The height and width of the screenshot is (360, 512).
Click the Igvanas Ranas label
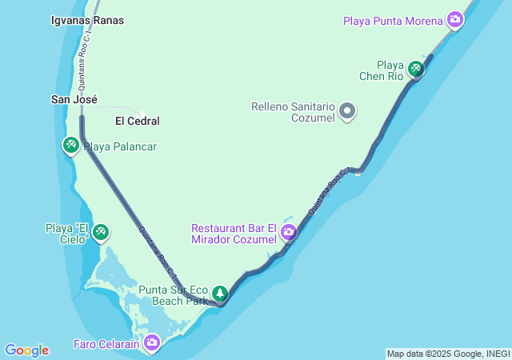point(87,20)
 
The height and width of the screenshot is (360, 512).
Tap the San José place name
point(74,100)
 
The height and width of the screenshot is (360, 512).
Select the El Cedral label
point(138,121)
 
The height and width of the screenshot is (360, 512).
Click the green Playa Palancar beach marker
point(70,145)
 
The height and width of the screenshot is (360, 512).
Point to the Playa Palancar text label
point(120,146)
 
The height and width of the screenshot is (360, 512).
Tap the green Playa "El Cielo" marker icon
point(101,233)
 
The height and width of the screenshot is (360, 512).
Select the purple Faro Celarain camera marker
point(152,344)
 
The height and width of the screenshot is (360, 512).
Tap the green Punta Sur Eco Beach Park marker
point(219,294)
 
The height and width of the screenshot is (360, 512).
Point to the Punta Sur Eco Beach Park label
point(174,295)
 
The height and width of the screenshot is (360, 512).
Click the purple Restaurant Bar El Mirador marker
point(288,233)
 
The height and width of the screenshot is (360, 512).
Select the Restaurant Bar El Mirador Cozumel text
point(234,233)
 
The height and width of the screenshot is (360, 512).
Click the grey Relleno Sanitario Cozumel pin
point(347,111)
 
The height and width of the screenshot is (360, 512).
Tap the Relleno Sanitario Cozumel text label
point(293,111)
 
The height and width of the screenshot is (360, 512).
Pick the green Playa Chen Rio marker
point(415,69)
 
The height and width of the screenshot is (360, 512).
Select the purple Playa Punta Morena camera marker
point(455,20)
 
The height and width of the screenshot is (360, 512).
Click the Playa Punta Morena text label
point(393,20)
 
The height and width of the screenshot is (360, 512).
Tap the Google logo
point(26,350)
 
